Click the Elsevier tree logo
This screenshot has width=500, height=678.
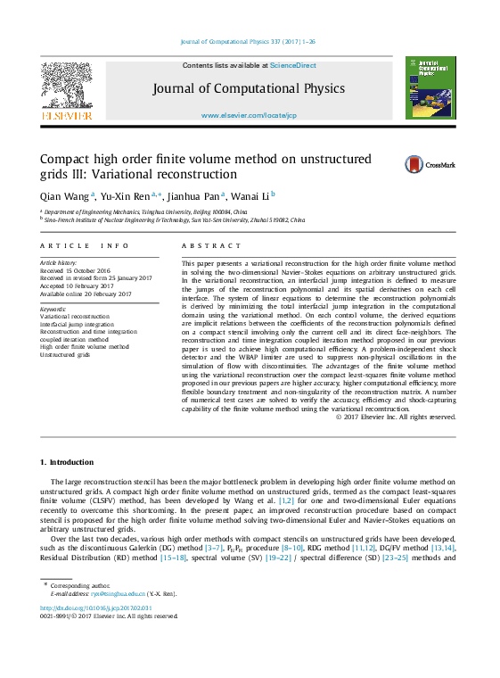click(x=66, y=88)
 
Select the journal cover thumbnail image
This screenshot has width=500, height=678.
click(x=430, y=88)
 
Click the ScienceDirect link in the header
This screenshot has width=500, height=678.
click(x=295, y=65)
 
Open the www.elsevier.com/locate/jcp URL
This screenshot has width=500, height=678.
click(x=249, y=116)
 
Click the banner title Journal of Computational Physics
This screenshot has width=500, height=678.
click(x=248, y=88)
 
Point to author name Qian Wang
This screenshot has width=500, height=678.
click(x=64, y=196)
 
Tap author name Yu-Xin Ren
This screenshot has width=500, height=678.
click(x=127, y=196)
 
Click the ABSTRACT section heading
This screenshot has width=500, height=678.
click(x=211, y=245)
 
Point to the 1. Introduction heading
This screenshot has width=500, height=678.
click(x=67, y=462)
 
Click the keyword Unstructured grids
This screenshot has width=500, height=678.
click(x=65, y=354)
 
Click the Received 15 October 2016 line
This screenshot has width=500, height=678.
click(x=76, y=270)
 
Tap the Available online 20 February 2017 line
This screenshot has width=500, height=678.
click(x=86, y=294)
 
